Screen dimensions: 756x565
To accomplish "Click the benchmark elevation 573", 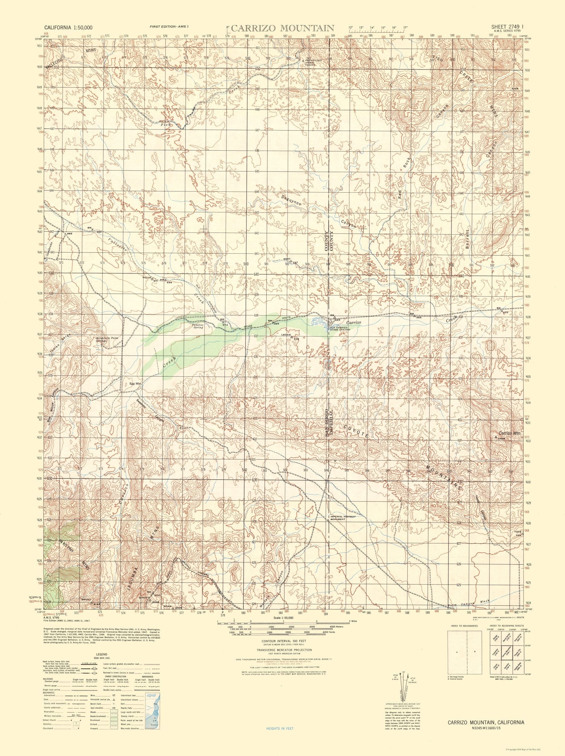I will click(225, 324).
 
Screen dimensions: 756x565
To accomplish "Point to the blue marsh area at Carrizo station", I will click(319, 321).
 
